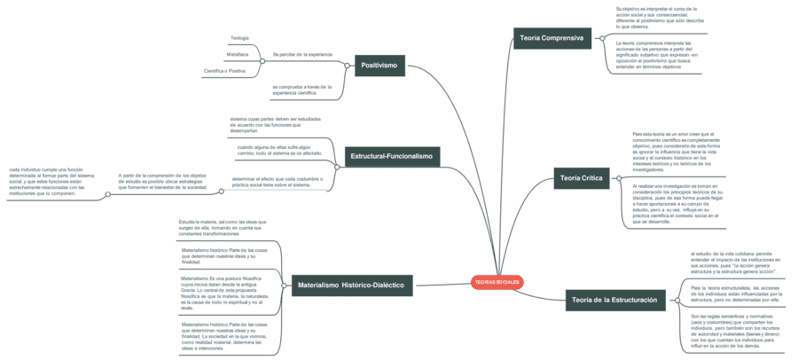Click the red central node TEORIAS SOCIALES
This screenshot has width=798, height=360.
497,281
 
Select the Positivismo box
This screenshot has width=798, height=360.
379,65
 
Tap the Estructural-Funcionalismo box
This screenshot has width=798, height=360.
391,156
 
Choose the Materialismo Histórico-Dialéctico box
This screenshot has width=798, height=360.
351,286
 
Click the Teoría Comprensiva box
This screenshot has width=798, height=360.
552,38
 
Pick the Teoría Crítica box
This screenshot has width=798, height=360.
581,178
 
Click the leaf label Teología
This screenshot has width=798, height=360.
239,38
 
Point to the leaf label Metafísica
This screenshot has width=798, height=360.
237,54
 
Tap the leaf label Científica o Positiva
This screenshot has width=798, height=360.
224,70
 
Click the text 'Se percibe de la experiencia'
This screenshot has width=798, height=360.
302,54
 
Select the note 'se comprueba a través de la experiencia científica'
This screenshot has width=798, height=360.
301,90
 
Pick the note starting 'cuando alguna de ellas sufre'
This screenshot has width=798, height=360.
279,150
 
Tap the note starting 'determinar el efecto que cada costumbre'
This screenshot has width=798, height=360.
277,182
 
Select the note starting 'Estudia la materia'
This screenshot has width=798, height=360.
222,227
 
